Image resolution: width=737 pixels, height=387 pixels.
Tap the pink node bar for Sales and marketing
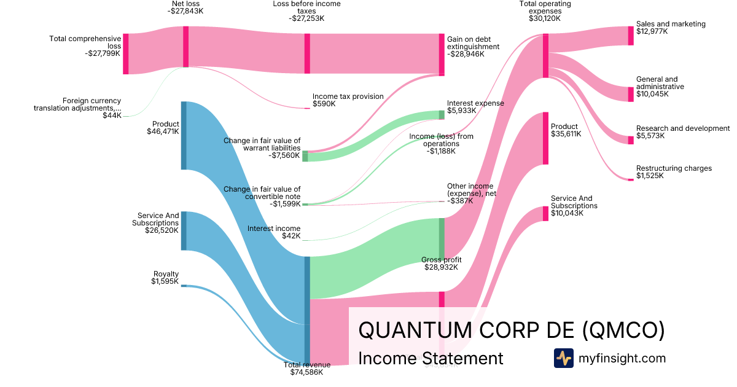[x=630, y=36]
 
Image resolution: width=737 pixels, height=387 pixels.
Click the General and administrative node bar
[x=630, y=94]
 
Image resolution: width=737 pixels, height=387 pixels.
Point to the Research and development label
[x=683, y=128]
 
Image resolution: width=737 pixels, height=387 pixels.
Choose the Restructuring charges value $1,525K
[x=650, y=176]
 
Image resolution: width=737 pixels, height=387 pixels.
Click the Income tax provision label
[x=348, y=96]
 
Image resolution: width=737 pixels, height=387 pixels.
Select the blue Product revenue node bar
[x=183, y=135]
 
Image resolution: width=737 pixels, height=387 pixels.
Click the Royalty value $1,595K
[x=165, y=282]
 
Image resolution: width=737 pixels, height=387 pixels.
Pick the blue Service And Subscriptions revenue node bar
[x=183, y=230]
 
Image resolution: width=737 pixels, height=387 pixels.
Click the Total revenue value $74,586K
[x=306, y=372]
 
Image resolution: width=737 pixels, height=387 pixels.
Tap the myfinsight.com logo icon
[x=563, y=358]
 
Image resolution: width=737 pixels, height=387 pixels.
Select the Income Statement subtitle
[x=430, y=358]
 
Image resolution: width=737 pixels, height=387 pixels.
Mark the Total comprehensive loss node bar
[x=125, y=54]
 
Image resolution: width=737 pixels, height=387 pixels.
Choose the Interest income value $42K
[x=291, y=236]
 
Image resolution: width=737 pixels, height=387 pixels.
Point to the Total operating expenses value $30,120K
[x=544, y=18]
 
